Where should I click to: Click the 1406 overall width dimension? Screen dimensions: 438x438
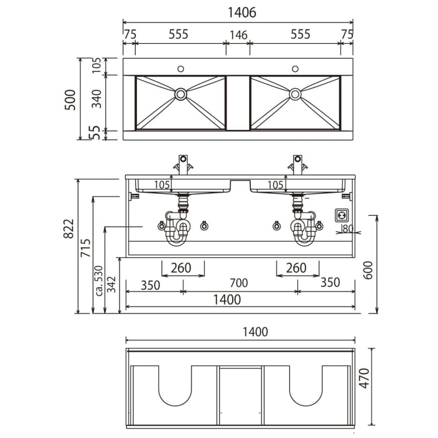[x=237, y=13]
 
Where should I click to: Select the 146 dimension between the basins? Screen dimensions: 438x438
[x=238, y=35]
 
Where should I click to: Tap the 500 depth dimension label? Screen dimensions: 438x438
[x=71, y=99]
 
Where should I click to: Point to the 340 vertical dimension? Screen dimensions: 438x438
[x=97, y=99]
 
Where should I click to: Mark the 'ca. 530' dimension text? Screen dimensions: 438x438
[x=98, y=282]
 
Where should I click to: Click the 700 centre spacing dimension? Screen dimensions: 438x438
[x=238, y=283]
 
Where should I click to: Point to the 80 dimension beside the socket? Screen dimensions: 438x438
[x=348, y=228]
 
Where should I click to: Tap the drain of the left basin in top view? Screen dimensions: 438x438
[x=181, y=94]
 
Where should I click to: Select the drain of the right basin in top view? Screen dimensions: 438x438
[x=295, y=94]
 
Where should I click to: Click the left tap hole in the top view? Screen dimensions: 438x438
[x=181, y=68]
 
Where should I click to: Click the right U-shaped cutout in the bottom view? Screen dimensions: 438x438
[x=307, y=385]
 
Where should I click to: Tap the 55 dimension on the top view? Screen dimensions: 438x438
[x=97, y=132]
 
